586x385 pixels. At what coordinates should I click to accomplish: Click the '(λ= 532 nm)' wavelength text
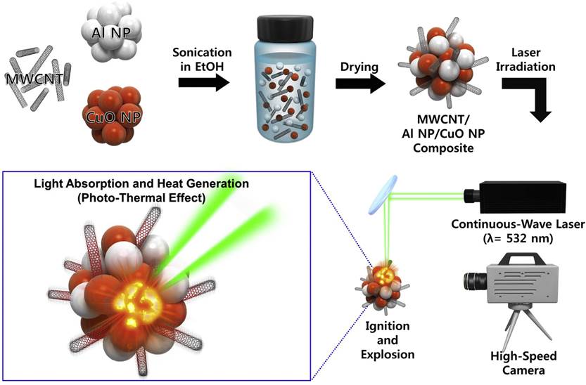[x=521, y=238]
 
